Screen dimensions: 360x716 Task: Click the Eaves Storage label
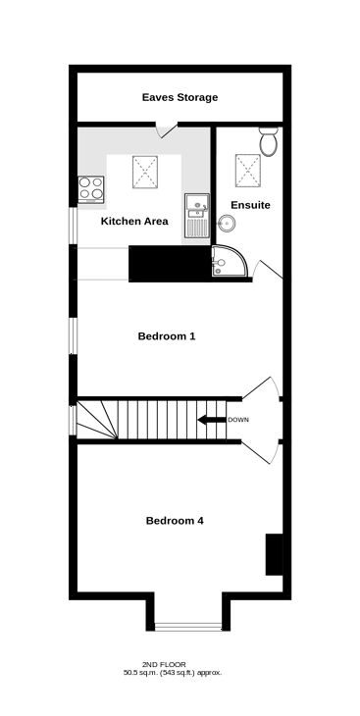(x=180, y=97)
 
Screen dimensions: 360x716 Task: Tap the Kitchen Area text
(x=134, y=222)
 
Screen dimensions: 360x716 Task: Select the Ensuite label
(x=250, y=205)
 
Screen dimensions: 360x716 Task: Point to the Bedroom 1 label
(x=167, y=336)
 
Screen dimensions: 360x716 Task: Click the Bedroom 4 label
(x=175, y=521)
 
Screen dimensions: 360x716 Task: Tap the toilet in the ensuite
(x=269, y=141)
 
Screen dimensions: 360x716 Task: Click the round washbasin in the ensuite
(x=227, y=224)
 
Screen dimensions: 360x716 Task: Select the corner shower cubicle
(x=230, y=261)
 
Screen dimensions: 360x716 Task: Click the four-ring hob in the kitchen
(x=90, y=189)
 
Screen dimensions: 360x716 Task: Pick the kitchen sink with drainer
(x=196, y=215)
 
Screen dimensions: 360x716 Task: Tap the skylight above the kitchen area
(x=145, y=172)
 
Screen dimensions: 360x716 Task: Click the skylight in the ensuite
(x=248, y=171)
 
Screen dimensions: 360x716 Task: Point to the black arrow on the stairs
(x=212, y=420)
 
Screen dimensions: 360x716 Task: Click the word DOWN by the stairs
(x=238, y=420)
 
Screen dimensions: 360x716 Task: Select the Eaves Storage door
(x=167, y=129)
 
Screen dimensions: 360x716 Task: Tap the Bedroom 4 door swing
(x=260, y=452)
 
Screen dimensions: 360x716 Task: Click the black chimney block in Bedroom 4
(x=274, y=554)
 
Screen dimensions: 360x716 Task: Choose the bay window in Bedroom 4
(x=188, y=627)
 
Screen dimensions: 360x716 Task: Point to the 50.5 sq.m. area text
(x=140, y=673)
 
